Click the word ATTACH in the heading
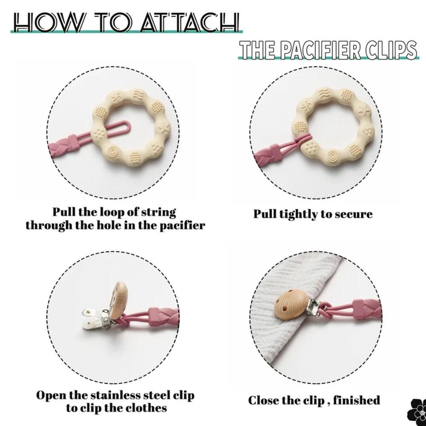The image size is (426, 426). [x=190, y=22]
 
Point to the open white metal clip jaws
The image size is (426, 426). [x=94, y=319]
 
